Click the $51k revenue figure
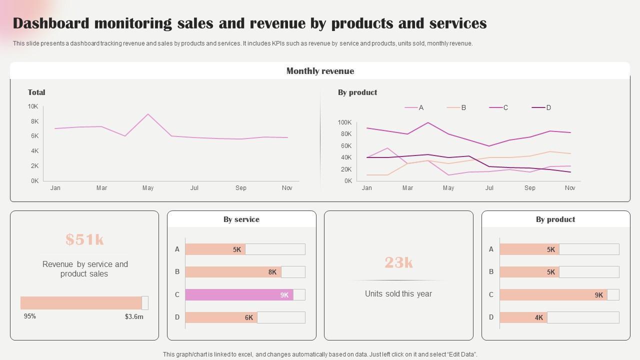[84, 240]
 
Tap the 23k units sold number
[398, 262]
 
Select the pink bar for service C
[239, 295]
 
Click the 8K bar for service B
[233, 272]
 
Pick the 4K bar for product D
[523, 317]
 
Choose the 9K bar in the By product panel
[553, 295]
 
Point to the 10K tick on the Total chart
[33, 106]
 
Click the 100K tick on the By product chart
[345, 122]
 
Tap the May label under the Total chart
[148, 188]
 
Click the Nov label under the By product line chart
[570, 188]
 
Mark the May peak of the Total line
[148, 114]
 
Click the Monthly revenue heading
[320, 71]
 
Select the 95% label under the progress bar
[30, 316]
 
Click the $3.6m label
[134, 316]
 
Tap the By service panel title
[241, 219]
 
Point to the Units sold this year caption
[398, 294]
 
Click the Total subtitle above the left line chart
[36, 92]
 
